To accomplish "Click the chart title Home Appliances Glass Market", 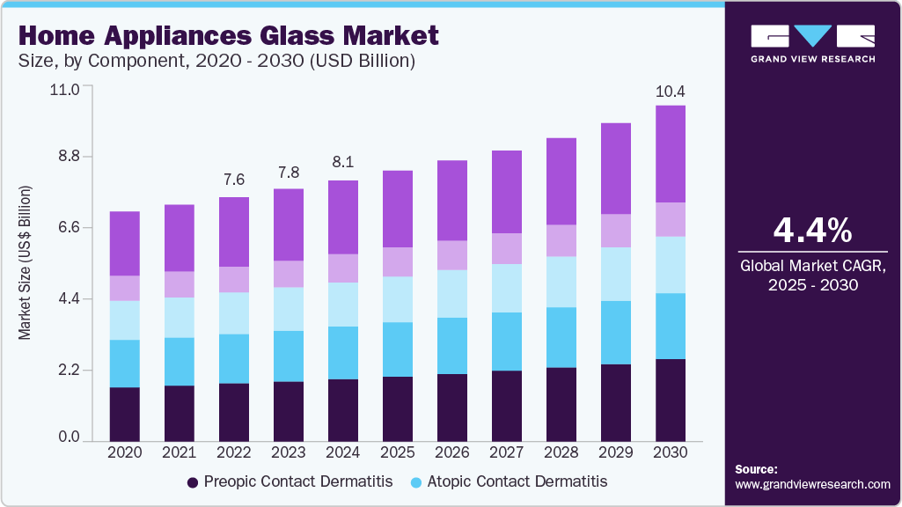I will (227, 36).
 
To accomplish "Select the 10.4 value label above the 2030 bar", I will (671, 92).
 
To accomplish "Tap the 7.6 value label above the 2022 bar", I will (234, 180).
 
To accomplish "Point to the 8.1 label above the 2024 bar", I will (343, 162).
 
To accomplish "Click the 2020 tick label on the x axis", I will (124, 452).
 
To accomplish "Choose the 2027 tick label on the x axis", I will (506, 452).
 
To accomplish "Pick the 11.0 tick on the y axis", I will (68, 89).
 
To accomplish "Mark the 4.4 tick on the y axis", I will (68, 299).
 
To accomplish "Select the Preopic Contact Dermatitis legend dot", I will (192, 482).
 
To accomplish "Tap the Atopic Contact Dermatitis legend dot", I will (416, 482).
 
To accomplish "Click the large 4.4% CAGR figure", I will (811, 231).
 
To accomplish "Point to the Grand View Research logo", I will (812, 43).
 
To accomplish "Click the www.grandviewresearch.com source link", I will (812, 484).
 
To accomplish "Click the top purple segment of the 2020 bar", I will (125, 243).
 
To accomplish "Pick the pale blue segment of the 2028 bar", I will (561, 282).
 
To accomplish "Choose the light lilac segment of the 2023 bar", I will (289, 274).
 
